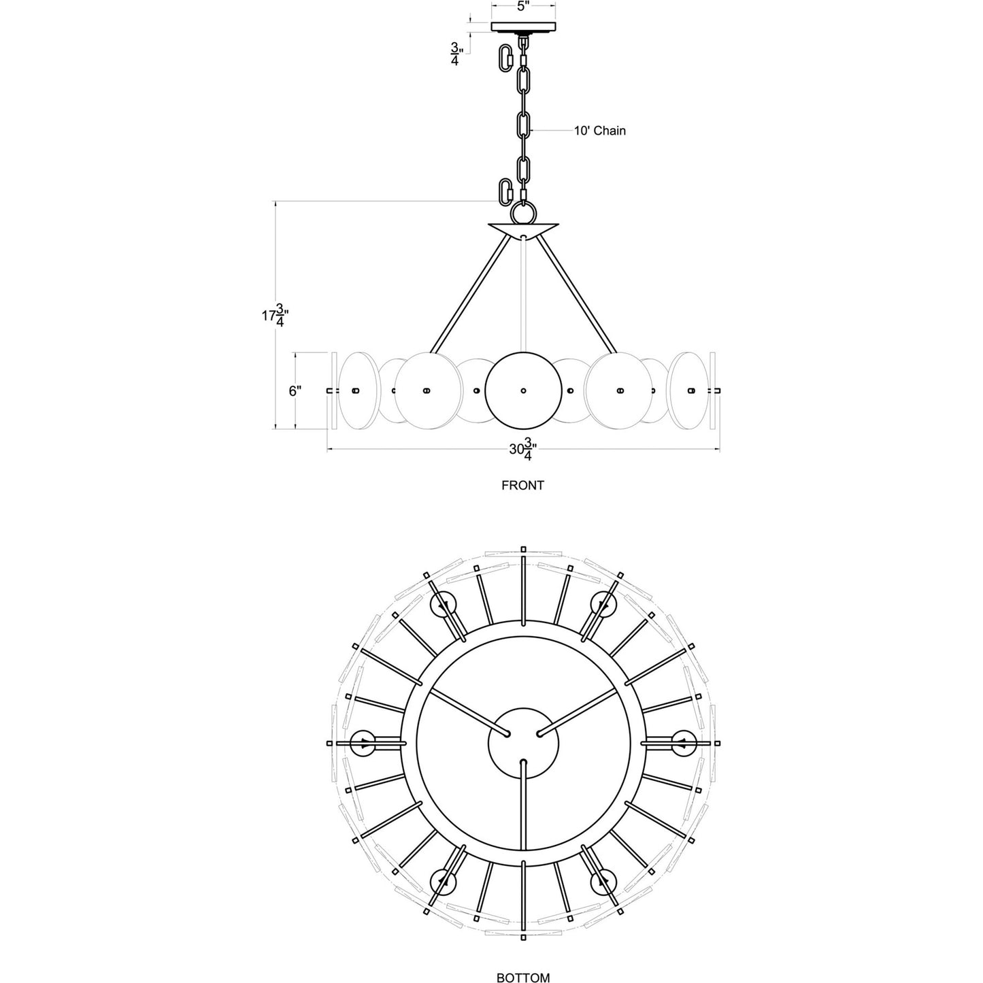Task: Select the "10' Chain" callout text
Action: pyautogui.click(x=599, y=130)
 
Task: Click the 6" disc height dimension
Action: pyautogui.click(x=295, y=391)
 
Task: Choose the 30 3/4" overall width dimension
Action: pyautogui.click(x=522, y=450)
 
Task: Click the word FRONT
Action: pyautogui.click(x=522, y=486)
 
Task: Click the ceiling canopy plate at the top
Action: pyautogui.click(x=523, y=27)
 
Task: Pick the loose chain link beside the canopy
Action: pyautogui.click(x=507, y=58)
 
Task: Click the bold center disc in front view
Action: pyautogui.click(x=522, y=391)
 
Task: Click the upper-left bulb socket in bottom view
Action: pyautogui.click(x=444, y=604)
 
